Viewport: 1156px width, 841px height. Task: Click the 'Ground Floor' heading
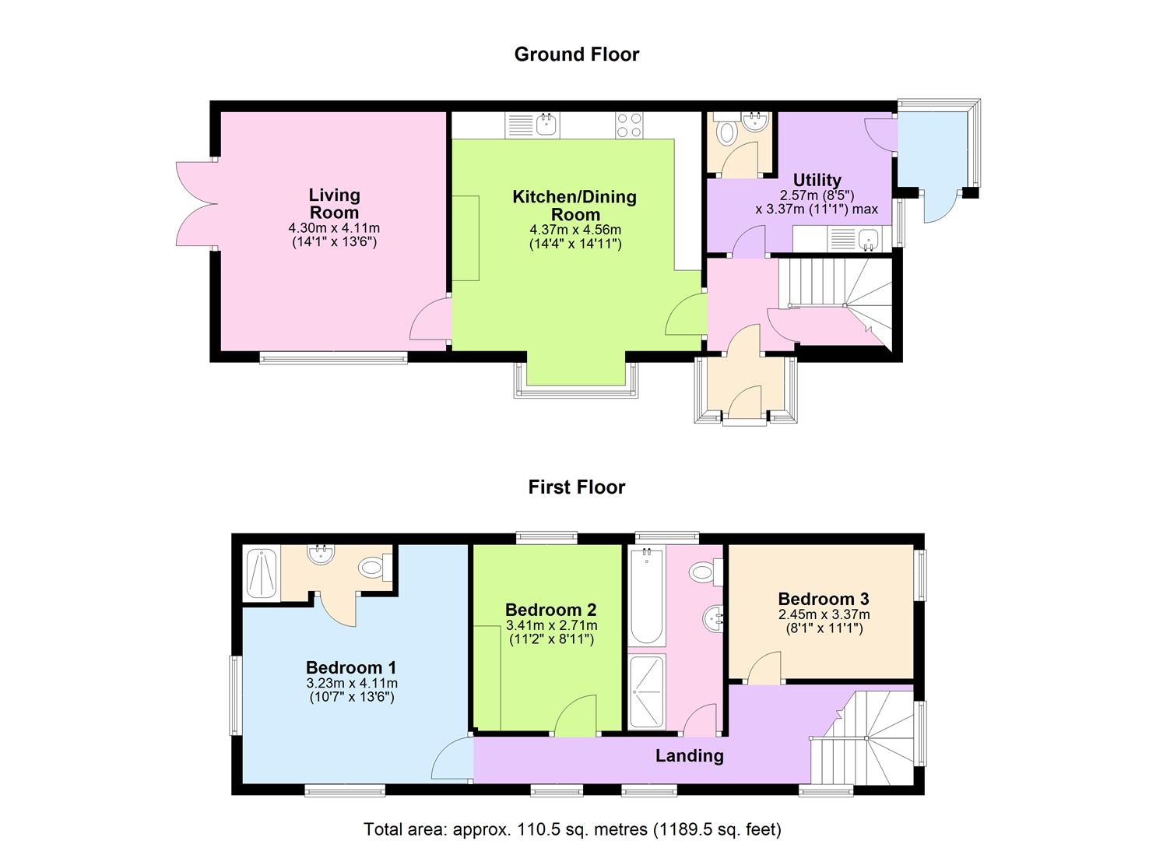(x=576, y=55)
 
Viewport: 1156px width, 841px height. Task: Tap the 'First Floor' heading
(x=576, y=487)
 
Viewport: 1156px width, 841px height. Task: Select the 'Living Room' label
(x=334, y=203)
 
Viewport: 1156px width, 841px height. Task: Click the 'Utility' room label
(x=817, y=180)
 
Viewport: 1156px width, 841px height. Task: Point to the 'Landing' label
(x=689, y=755)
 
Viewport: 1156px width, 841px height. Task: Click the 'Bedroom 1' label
(x=351, y=667)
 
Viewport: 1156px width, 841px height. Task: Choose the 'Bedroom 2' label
(x=551, y=610)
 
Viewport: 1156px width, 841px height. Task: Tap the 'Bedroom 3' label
(x=824, y=599)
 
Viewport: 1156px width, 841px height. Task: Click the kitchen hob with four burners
(x=630, y=125)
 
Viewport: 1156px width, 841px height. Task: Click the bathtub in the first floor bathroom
(x=646, y=596)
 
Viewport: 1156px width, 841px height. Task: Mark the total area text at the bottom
(x=572, y=829)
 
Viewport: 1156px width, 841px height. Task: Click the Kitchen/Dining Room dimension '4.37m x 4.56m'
(x=575, y=230)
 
